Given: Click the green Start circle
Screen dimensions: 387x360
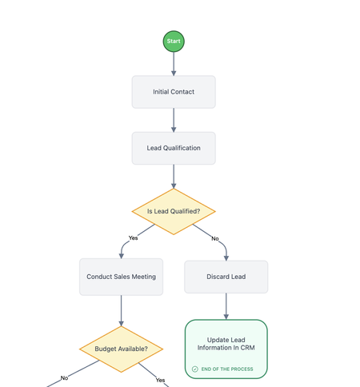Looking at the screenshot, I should tap(174, 41).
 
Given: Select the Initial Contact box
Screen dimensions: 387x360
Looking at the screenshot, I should tap(174, 92).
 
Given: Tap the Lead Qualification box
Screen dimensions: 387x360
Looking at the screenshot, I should tap(174, 148).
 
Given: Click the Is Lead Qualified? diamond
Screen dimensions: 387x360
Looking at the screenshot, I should tap(174, 212).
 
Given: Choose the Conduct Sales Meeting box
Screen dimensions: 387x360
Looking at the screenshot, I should tap(121, 277).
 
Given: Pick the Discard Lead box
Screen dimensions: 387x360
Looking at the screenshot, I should tap(226, 277).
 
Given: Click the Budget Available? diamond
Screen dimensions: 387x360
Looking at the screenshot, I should tap(121, 349).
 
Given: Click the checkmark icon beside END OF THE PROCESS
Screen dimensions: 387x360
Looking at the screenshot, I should tap(195, 369).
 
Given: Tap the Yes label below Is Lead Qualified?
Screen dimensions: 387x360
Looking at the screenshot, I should tap(133, 238).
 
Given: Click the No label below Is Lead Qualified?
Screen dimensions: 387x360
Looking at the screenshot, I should tap(214, 238).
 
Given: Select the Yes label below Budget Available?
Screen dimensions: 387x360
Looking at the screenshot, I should tap(160, 380).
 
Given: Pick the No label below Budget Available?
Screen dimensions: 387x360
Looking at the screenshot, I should tap(64, 378).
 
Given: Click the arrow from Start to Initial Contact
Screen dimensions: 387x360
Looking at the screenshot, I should tap(174, 64).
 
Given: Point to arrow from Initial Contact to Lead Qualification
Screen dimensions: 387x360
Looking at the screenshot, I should tap(174, 120).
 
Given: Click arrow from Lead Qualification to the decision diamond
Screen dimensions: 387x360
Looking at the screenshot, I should tap(174, 176).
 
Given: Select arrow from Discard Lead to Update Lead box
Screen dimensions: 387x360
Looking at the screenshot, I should tap(226, 306).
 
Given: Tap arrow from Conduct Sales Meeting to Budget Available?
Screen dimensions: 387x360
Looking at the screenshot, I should tap(121, 310).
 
